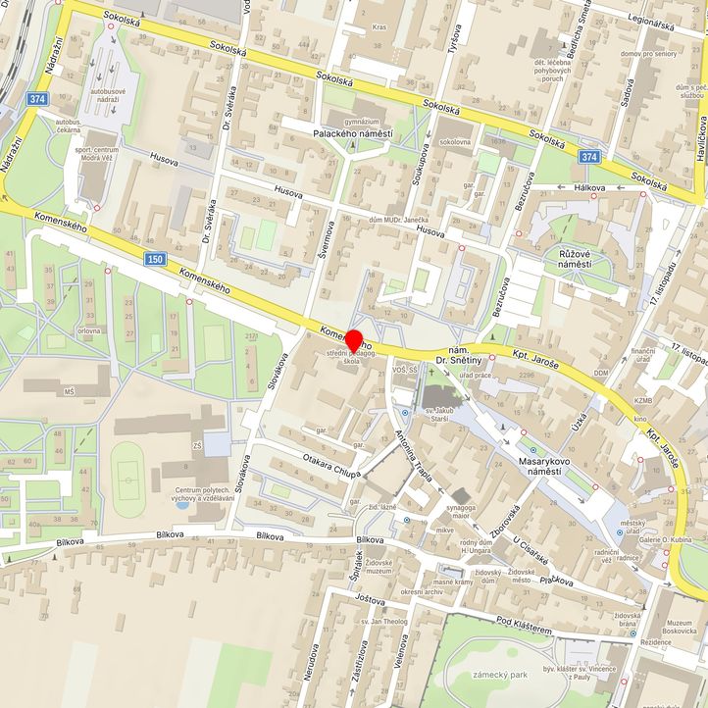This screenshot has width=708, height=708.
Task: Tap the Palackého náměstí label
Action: click(x=352, y=133)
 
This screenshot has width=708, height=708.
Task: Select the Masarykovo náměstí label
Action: click(x=531, y=465)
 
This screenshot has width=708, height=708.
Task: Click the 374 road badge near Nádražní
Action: click(x=38, y=99)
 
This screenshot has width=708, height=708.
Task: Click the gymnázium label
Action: click(x=361, y=121)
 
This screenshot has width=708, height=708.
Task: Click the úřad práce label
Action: click(x=476, y=376)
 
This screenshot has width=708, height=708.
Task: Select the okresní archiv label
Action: click(x=422, y=591)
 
